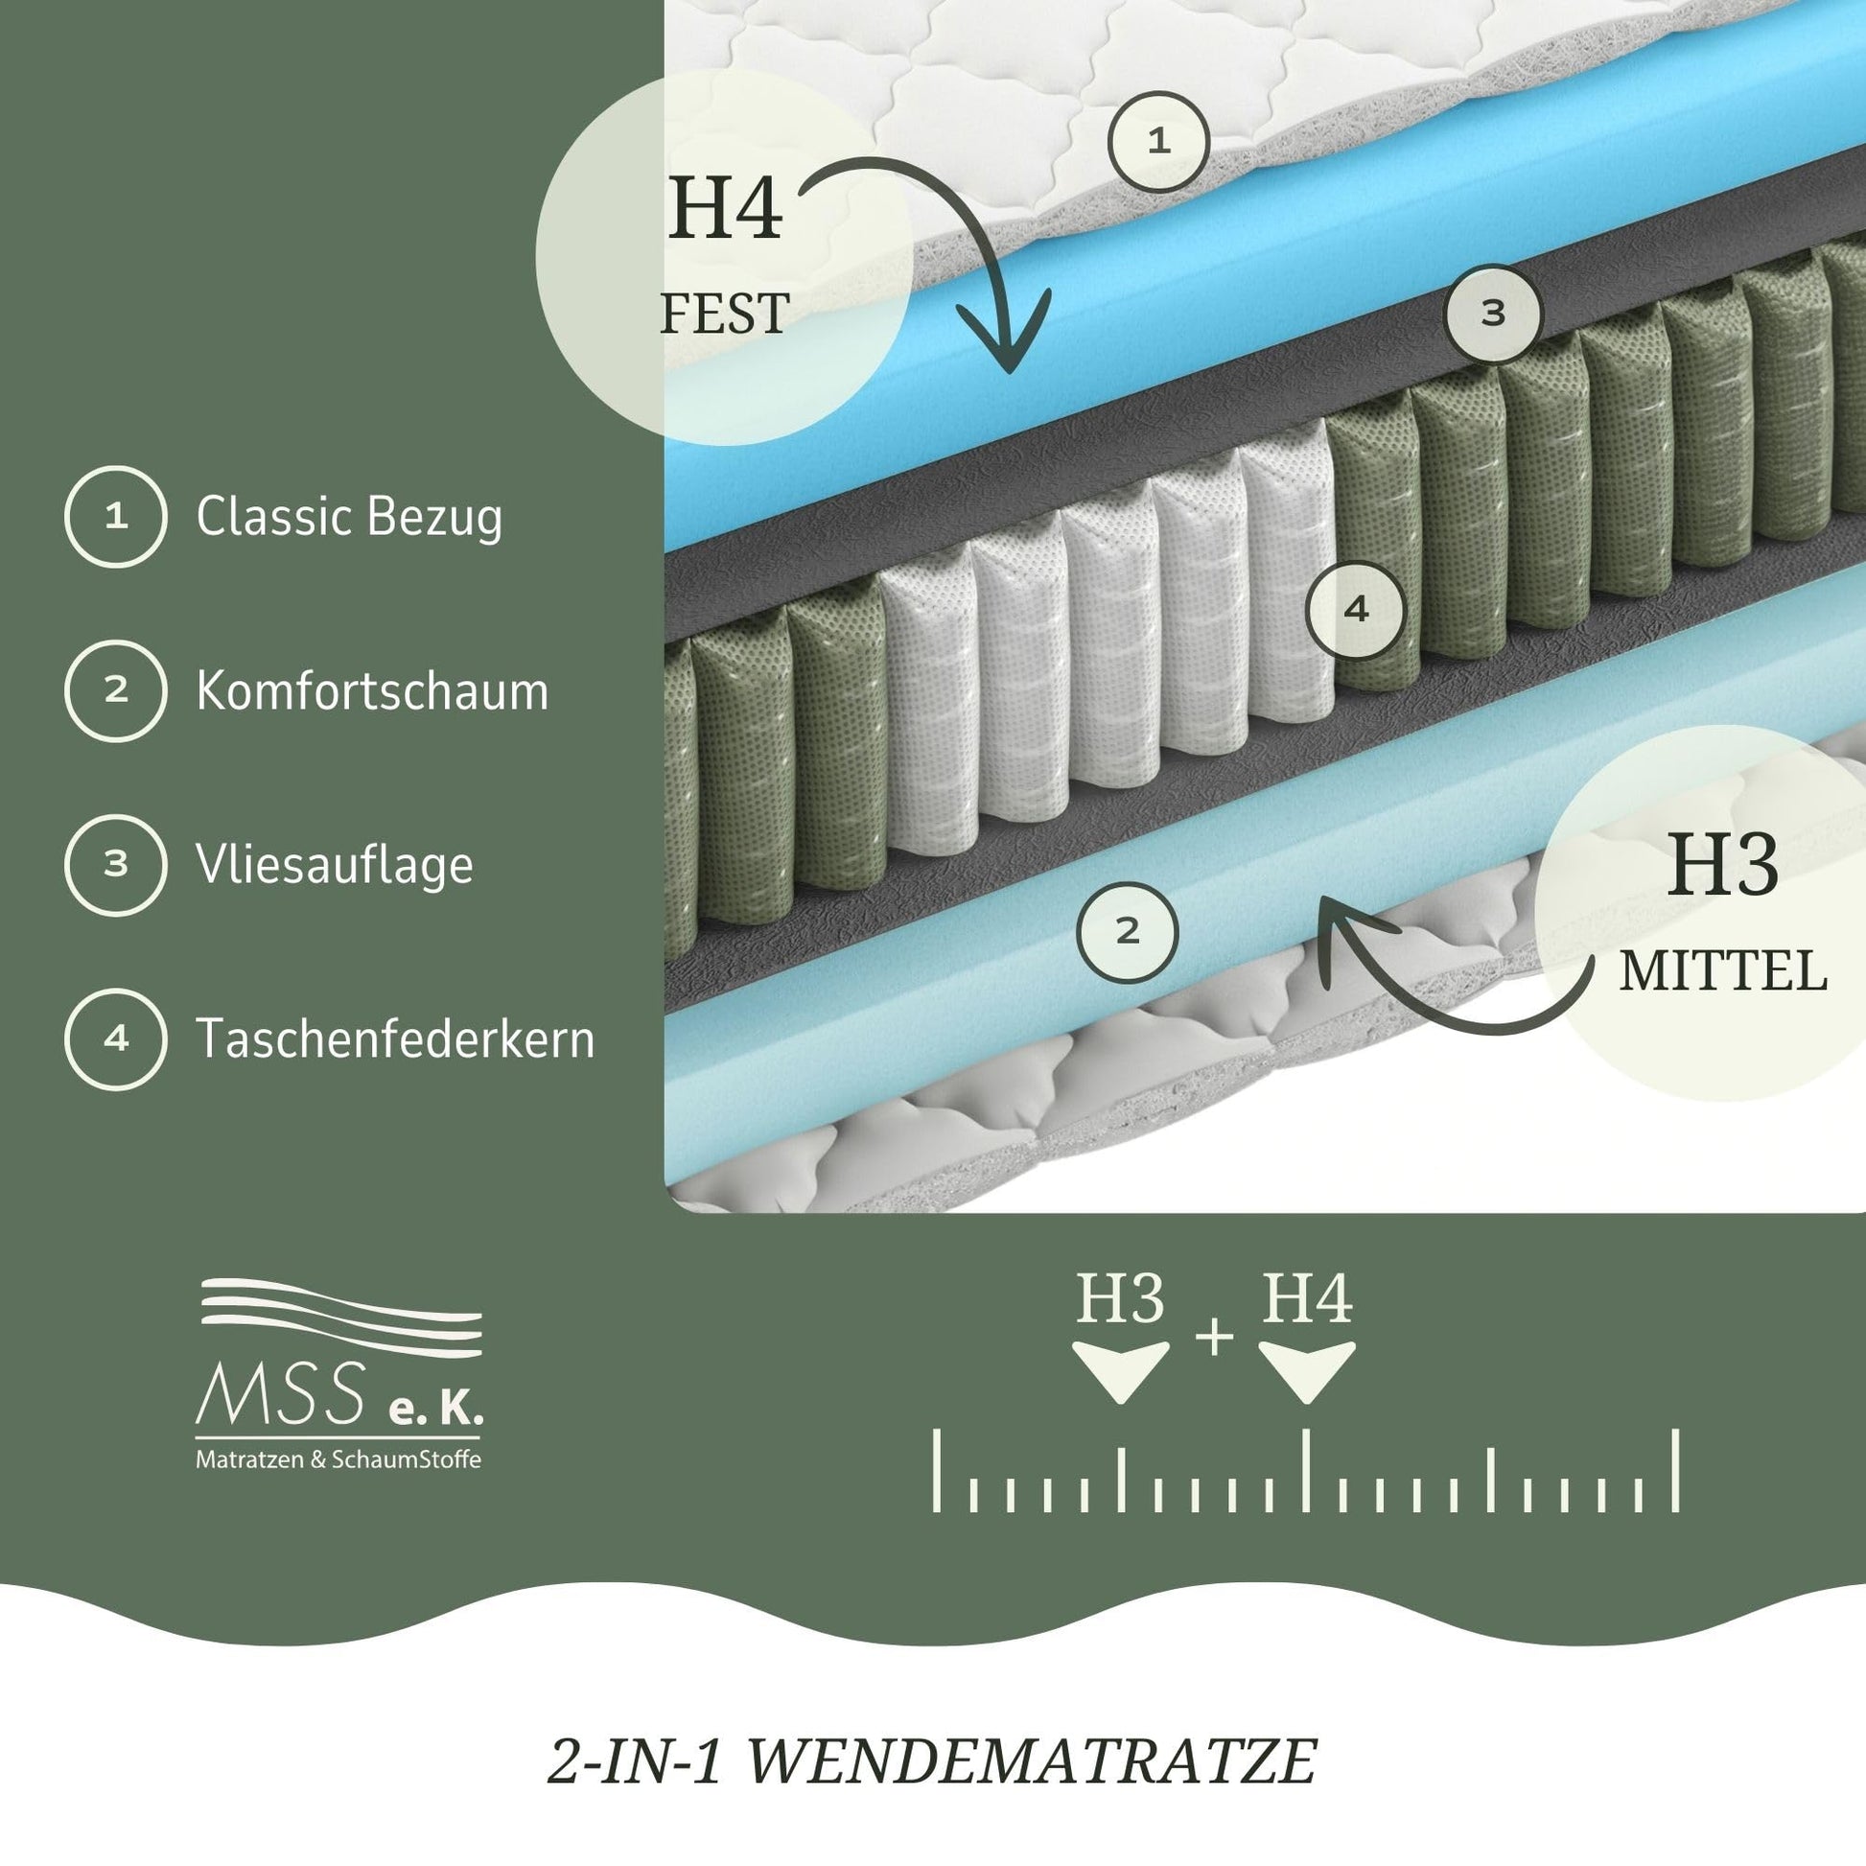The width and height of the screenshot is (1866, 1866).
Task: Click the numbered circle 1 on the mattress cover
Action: (1158, 141)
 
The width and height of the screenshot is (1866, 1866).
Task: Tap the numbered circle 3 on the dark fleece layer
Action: (1492, 313)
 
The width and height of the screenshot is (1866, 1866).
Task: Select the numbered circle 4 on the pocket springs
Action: (1355, 609)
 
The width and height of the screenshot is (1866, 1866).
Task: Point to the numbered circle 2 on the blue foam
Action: (1127, 932)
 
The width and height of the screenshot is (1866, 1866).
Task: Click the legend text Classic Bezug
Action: (349, 517)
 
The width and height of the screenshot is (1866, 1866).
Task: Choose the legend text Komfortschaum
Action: (372, 690)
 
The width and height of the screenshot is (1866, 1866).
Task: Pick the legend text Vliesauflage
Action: (335, 864)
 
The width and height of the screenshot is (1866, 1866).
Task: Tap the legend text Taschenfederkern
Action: (395, 1038)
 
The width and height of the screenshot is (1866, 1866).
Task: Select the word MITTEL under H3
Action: (1723, 970)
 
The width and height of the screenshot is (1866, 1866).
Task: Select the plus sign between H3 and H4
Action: (1214, 1338)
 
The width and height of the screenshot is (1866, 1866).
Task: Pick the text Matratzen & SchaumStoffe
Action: (338, 1459)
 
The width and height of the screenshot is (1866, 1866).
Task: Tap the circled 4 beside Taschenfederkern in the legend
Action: (116, 1039)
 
